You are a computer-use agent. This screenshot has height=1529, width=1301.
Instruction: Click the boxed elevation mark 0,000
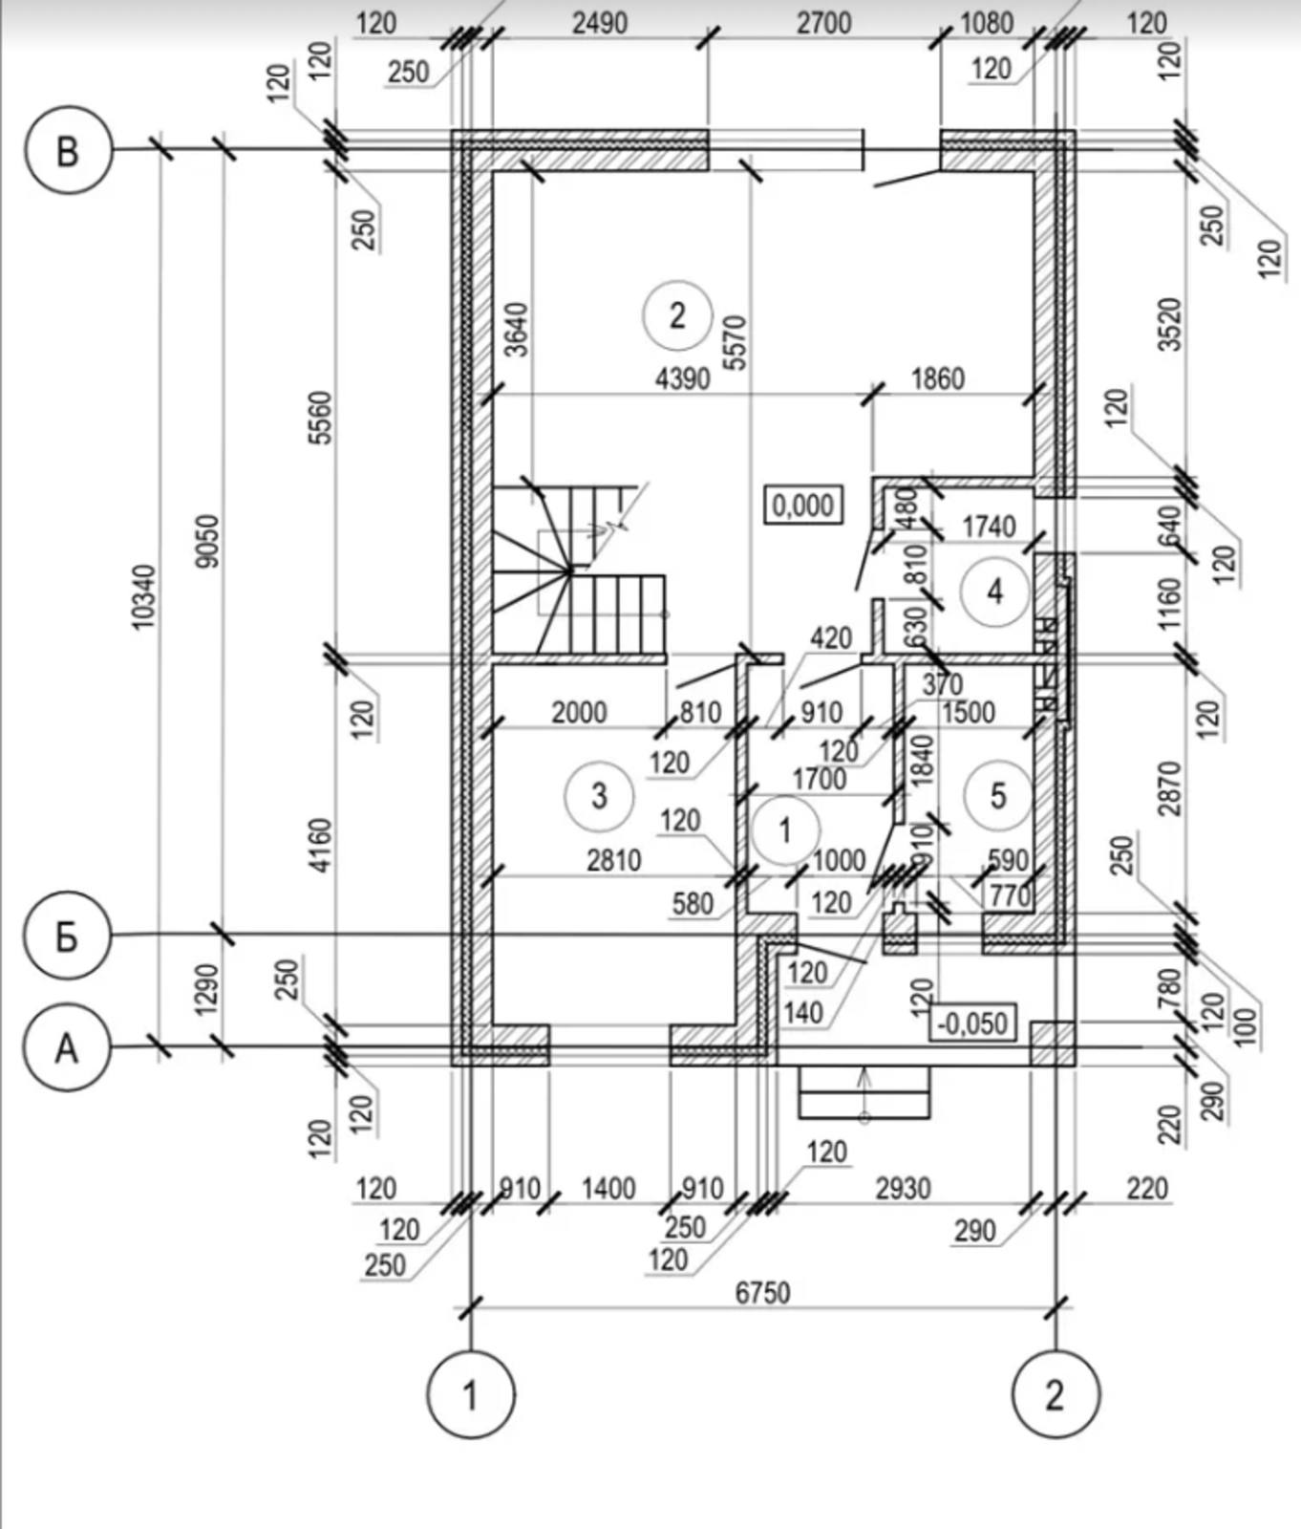point(803,505)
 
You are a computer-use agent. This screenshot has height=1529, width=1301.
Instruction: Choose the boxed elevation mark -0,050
point(972,1023)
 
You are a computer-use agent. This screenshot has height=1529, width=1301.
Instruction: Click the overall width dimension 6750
point(763,1292)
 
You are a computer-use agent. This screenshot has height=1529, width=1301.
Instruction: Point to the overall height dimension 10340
point(143,597)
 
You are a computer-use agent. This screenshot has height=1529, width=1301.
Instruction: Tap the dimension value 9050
point(206,542)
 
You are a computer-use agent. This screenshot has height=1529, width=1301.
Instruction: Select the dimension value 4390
point(683,379)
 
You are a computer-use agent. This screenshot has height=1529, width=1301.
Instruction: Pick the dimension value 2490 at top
point(600,23)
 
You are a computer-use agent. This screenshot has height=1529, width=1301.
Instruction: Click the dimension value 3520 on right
point(1169,325)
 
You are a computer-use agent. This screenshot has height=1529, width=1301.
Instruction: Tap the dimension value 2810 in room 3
point(614,859)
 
